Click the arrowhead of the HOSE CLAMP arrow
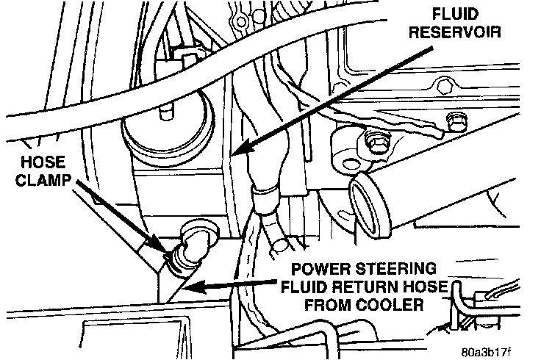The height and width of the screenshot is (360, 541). coord(163,252)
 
